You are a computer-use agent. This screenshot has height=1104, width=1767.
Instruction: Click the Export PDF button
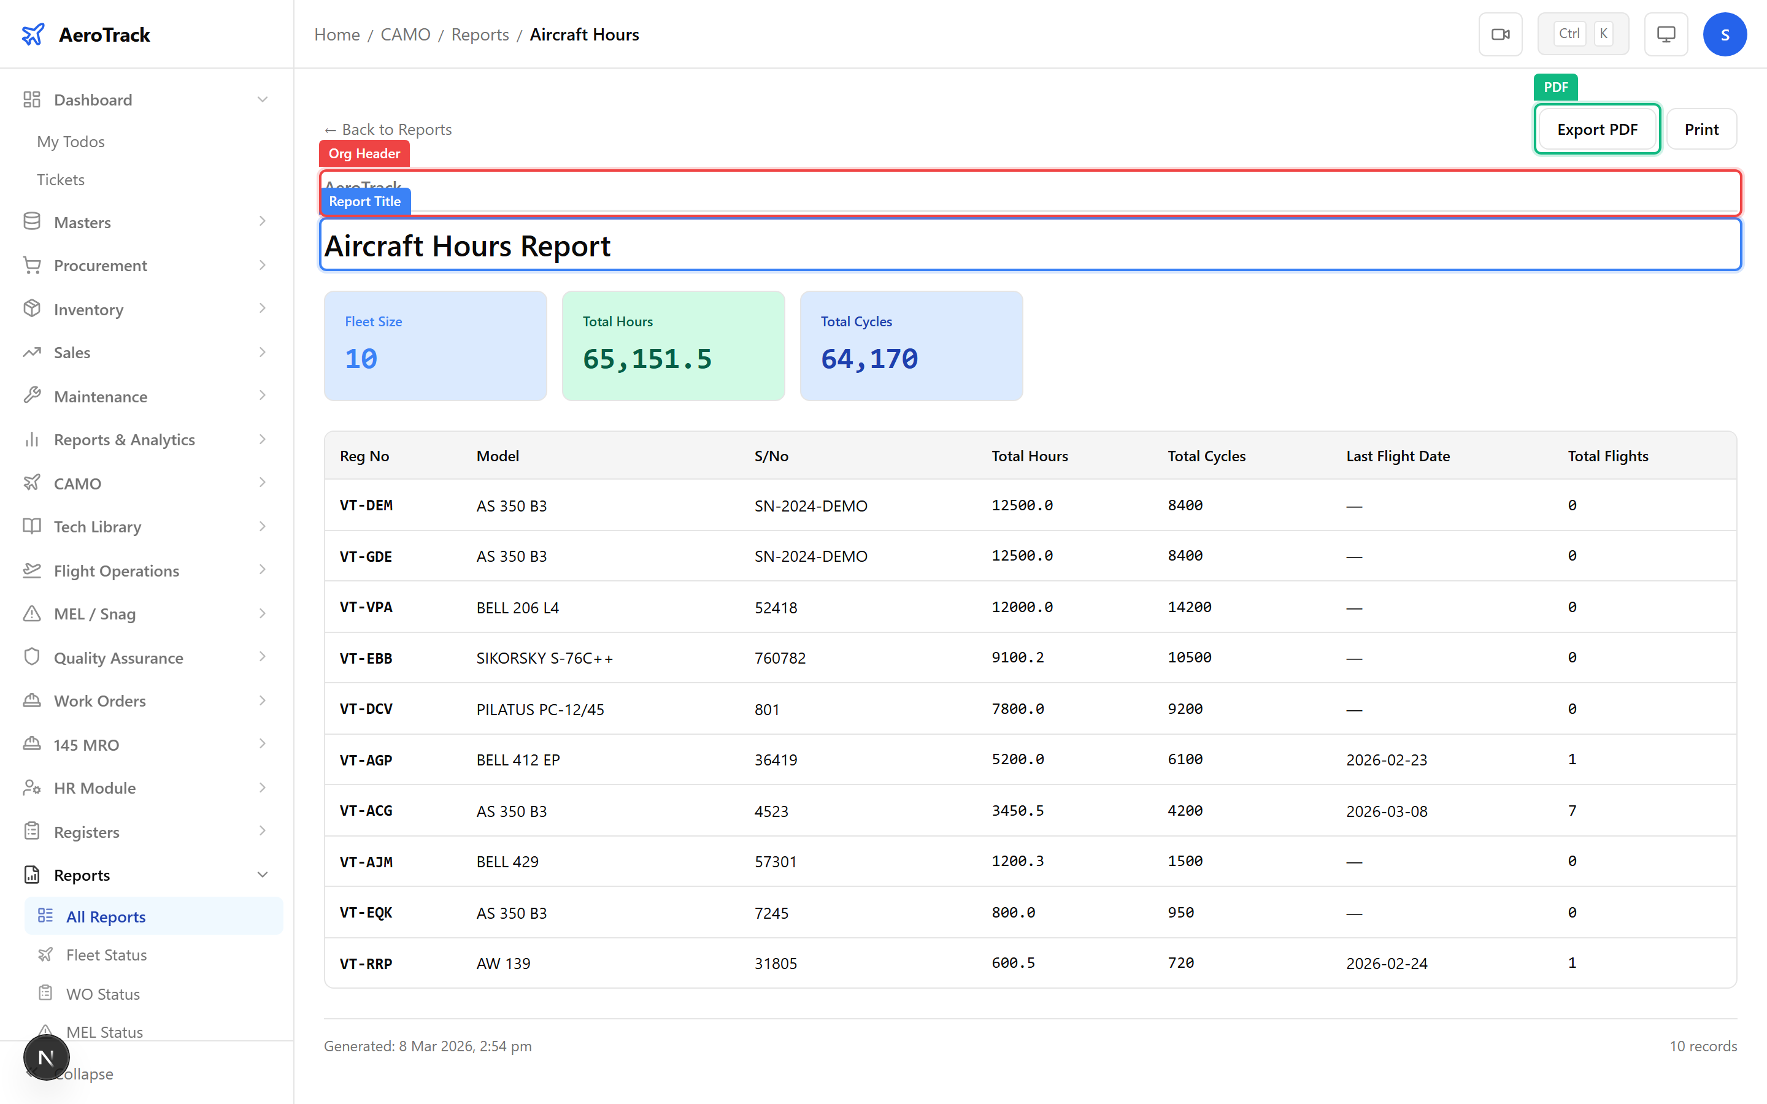point(1596,129)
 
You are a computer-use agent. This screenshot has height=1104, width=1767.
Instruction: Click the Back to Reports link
point(388,129)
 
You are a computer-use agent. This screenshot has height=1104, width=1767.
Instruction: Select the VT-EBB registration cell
point(366,658)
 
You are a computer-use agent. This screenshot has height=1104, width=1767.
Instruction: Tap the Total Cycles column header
point(1206,456)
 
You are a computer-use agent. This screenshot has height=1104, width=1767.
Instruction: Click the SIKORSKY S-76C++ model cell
point(544,658)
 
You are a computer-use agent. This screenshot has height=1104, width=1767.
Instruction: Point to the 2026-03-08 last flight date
point(1386,810)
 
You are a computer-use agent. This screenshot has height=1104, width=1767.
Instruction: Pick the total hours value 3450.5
point(1017,810)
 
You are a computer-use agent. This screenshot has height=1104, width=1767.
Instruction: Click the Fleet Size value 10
point(361,359)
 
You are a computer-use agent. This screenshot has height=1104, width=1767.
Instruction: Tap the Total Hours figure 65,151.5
point(647,359)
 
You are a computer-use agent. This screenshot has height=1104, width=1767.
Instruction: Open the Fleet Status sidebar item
point(106,954)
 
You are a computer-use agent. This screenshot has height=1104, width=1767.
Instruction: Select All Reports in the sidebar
point(106,916)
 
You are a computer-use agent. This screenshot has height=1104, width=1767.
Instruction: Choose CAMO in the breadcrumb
point(405,34)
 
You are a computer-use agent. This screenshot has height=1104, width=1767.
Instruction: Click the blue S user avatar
point(1724,34)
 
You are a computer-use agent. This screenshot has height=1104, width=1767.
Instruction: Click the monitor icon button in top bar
point(1666,34)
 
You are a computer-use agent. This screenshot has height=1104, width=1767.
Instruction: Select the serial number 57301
point(775,862)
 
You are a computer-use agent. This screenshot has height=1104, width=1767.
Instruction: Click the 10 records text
point(1703,1046)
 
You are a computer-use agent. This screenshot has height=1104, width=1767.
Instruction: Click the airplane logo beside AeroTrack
point(33,34)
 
